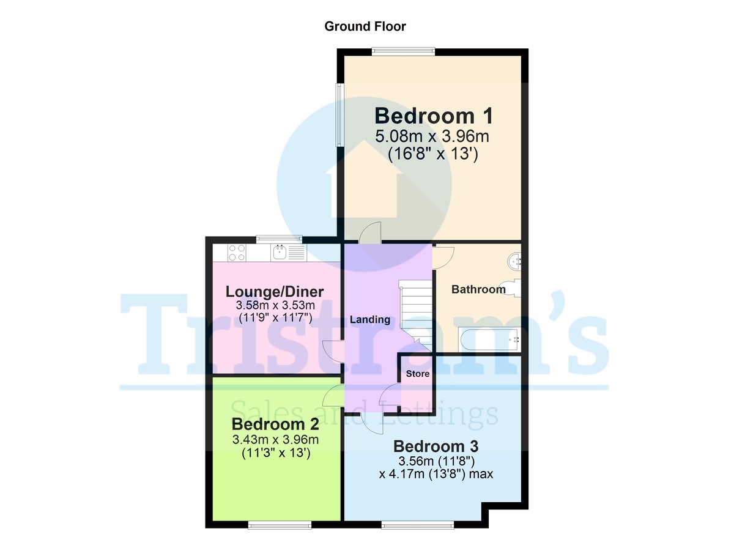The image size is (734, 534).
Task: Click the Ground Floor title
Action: pos(365,26)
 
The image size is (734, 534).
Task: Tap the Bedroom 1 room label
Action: pos(433,116)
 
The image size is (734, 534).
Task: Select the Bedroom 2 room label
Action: pos(275,425)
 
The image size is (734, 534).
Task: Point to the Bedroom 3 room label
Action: pos(436,446)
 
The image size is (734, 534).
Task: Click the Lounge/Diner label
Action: pos(275,291)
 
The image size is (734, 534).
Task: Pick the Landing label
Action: pos(369,319)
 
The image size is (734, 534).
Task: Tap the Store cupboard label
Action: pos(418,374)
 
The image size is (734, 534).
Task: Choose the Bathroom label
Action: pos(478,289)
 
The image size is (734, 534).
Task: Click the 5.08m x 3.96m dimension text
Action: pos(433,136)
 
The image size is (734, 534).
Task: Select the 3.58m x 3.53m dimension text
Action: pos(275,305)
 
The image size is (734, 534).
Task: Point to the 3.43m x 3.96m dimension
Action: pos(275,440)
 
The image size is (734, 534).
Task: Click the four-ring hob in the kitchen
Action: pos(237,252)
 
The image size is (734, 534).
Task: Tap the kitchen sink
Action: pos(281,252)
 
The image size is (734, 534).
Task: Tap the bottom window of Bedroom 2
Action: pos(279,524)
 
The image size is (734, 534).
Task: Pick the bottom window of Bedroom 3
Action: pos(418,524)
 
